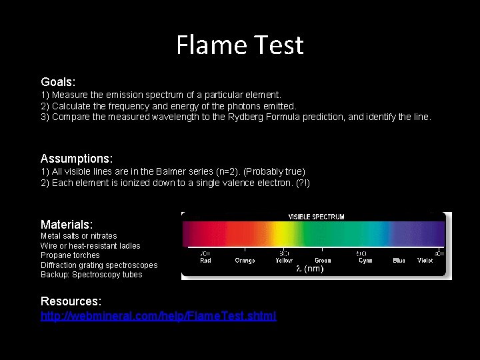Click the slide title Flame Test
point(240,45)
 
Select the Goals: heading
point(58,81)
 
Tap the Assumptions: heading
point(77,159)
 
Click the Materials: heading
point(67,224)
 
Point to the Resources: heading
point(71,301)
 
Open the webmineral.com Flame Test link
point(159,315)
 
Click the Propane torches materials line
point(70,255)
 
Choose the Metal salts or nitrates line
point(79,236)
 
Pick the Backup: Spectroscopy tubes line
point(91,275)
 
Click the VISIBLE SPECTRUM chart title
point(316,217)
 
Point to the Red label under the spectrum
point(206,261)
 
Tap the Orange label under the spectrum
point(245,261)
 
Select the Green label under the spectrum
point(323,261)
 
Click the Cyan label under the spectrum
point(365,261)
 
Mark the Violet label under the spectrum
point(425,261)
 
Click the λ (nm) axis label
point(310,269)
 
